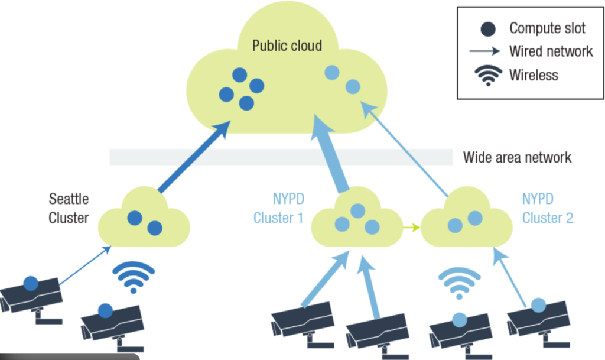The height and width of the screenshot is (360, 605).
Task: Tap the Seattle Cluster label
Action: click(69, 209)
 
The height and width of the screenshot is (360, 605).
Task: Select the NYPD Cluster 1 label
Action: click(278, 209)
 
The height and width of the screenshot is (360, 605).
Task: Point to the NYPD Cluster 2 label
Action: click(548, 209)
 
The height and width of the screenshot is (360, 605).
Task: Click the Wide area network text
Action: click(517, 157)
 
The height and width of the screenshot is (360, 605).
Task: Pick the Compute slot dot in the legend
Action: click(489, 28)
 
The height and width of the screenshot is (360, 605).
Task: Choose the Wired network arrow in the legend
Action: click(485, 51)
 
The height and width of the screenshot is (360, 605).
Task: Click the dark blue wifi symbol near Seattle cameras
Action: click(133, 277)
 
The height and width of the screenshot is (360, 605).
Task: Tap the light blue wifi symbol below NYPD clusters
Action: click(458, 282)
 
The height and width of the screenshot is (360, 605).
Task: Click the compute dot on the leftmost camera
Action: click(30, 283)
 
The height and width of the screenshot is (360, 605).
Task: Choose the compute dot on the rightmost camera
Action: click(538, 305)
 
